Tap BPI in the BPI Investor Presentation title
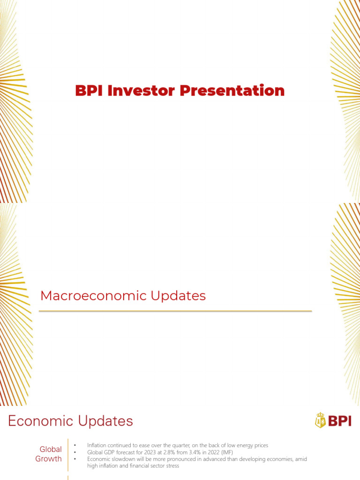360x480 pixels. (x=90, y=90)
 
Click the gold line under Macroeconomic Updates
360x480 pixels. (x=175, y=311)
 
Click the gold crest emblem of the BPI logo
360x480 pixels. (x=320, y=420)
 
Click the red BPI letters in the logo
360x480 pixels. (x=339, y=421)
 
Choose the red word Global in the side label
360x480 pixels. (x=50, y=449)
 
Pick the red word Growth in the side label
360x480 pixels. (x=48, y=458)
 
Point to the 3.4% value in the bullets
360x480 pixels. (x=189, y=452)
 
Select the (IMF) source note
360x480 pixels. (x=225, y=452)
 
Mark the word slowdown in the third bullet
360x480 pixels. (x=119, y=459)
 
